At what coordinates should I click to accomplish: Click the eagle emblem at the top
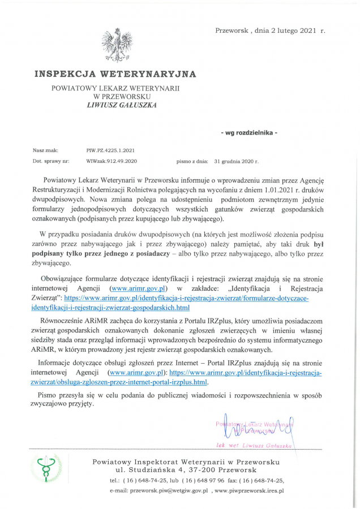point(116,45)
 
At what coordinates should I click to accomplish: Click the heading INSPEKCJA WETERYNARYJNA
point(115,74)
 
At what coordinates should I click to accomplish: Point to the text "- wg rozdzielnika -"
point(249,132)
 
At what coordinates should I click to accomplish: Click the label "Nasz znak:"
point(45,151)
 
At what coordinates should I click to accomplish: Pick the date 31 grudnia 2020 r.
point(236,161)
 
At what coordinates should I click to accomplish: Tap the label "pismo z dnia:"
point(192,161)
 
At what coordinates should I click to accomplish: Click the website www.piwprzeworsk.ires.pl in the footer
point(250,490)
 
